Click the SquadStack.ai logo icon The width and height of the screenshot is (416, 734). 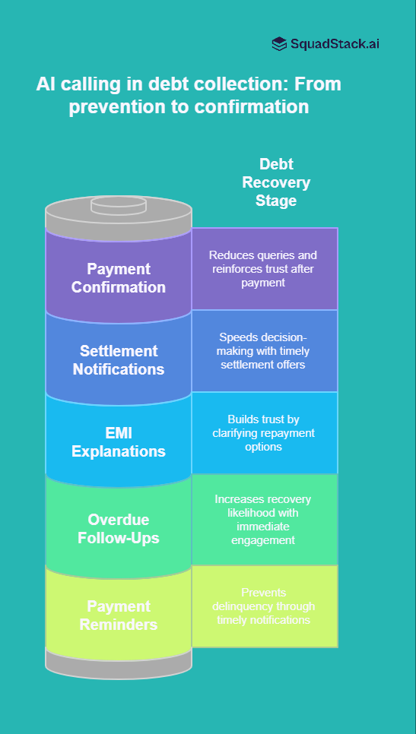(279, 44)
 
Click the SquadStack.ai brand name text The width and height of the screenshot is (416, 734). (335, 44)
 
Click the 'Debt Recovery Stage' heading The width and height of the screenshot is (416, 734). (275, 182)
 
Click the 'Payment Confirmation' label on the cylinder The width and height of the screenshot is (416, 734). (118, 278)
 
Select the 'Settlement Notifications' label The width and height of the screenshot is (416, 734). (118, 360)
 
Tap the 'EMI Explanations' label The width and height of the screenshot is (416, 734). (118, 442)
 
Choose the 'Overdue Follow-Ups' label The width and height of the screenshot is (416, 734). (118, 530)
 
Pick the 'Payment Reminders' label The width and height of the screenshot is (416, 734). (118, 615)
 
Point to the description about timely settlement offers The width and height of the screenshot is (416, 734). (264, 350)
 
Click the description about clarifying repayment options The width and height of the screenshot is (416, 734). (264, 432)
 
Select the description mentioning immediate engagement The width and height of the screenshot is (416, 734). (263, 519)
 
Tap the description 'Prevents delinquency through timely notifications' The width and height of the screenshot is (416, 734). (264, 606)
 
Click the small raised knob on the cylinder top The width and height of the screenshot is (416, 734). (118, 205)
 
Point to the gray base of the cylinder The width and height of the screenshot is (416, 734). (118, 663)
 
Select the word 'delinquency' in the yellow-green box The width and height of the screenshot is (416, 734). (264, 606)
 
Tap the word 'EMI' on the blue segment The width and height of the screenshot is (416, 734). (118, 433)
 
